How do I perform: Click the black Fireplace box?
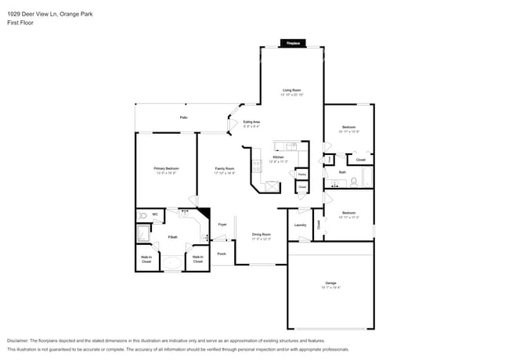293,43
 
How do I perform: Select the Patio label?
183,117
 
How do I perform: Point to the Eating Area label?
251,122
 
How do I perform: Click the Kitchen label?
278,157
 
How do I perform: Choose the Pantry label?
302,174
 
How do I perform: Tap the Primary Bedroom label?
165,168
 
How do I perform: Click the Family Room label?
225,168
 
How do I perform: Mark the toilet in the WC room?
143,215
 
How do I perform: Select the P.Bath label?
172,236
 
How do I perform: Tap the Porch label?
222,254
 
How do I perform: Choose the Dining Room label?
261,234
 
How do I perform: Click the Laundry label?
300,225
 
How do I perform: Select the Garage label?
330,283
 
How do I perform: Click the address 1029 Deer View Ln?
31,14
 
